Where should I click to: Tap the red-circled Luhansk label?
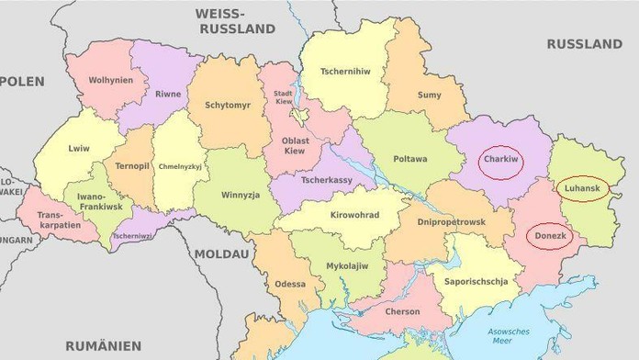(581, 188)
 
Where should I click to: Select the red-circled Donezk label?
(551, 236)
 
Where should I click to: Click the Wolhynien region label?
(110, 80)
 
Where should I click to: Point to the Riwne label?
(167, 94)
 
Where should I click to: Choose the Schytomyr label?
(227, 106)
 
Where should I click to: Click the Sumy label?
(429, 95)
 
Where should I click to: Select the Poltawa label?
(409, 159)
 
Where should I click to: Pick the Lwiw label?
(79, 148)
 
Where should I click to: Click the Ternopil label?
(132, 166)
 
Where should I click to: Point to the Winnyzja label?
(240, 196)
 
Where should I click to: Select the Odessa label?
(290, 284)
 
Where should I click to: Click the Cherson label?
(402, 311)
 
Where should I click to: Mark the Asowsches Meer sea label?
(501, 335)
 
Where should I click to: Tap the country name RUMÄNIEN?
(103, 345)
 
